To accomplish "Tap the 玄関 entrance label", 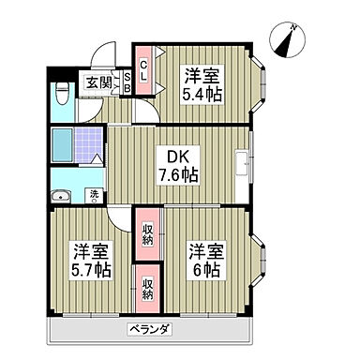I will coord(97,82).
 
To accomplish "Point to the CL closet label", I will coord(144,70).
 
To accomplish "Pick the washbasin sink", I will coord(62,196).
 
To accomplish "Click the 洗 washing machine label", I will coord(94,195).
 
